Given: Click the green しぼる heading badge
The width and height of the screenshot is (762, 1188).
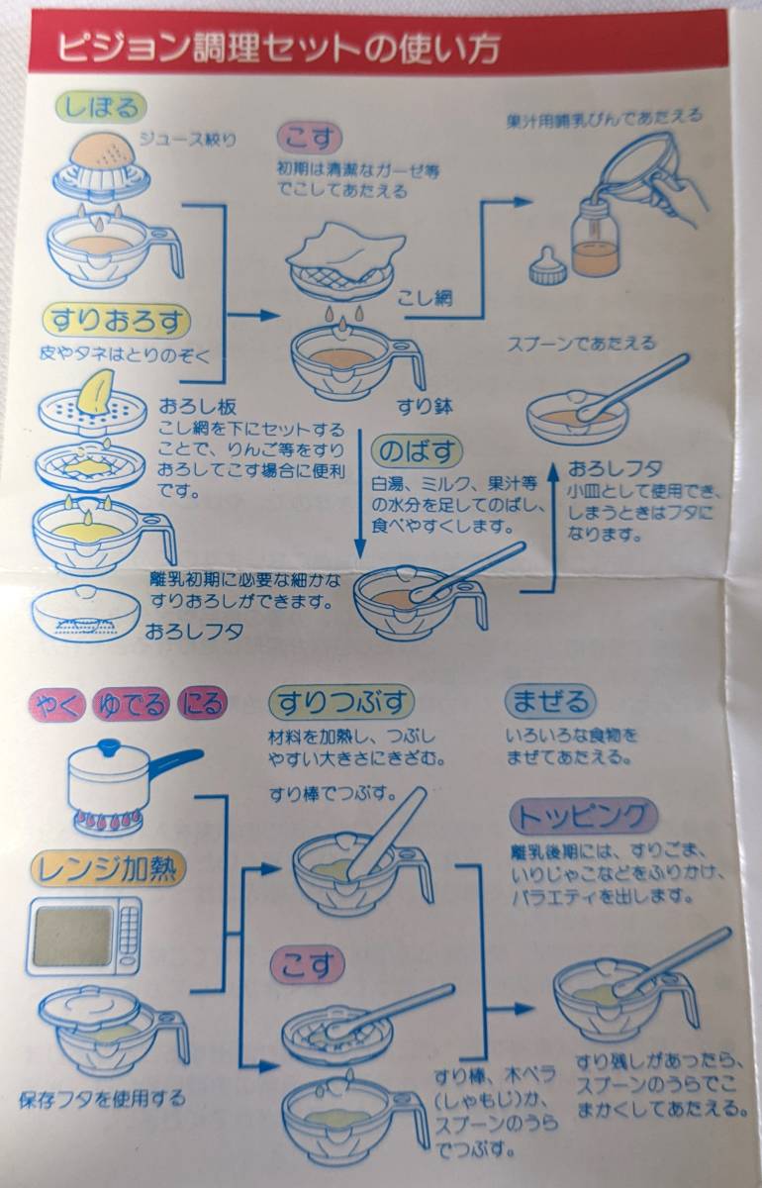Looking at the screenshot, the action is (101, 107).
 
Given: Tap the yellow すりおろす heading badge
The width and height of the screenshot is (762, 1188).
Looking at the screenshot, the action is (117, 322).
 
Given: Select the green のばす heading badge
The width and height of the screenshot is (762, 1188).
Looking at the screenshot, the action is (417, 451).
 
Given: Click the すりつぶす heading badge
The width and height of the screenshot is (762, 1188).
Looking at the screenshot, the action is (341, 703).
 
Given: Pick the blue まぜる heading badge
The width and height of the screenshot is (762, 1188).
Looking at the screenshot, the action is (550, 701).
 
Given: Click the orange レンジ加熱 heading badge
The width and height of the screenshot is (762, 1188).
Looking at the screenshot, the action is (109, 869).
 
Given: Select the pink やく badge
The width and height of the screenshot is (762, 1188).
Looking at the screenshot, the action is (57, 704).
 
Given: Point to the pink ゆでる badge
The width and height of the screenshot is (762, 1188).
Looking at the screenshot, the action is (131, 704).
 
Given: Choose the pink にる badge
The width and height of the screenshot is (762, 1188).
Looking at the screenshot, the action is (202, 704).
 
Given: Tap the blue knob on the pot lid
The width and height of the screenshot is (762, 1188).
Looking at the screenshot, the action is (109, 747).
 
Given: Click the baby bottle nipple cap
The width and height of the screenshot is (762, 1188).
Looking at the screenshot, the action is (548, 266).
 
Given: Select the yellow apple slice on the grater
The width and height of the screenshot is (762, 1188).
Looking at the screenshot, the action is (97, 390).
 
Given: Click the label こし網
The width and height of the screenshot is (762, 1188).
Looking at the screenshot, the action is (426, 298).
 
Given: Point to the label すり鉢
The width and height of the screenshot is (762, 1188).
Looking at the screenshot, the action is (426, 407).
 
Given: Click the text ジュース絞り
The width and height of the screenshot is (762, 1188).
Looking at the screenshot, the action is (187, 140).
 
